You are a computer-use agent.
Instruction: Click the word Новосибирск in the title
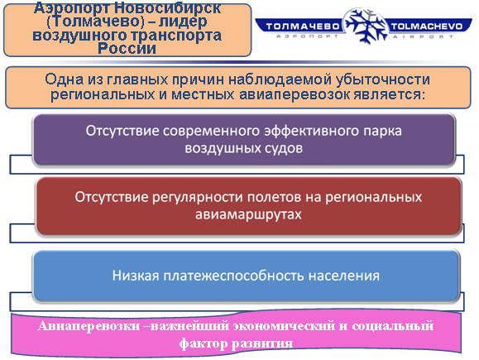[168, 7]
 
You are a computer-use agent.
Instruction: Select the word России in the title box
[127, 48]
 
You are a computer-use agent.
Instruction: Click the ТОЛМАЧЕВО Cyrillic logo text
[303, 26]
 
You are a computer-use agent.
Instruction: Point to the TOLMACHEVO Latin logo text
[426, 26]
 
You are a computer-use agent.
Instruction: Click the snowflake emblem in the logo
[366, 26]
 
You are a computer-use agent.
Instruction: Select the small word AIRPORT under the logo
[423, 36]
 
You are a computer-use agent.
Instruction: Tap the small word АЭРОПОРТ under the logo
[307, 36]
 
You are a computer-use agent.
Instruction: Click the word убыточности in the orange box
[382, 79]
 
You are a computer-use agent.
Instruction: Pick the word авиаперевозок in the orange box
[295, 94]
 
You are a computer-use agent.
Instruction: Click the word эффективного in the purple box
[312, 131]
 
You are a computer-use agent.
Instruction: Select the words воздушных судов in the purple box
[244, 148]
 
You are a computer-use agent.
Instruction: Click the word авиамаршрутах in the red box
[248, 214]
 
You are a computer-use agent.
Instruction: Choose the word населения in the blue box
[343, 276]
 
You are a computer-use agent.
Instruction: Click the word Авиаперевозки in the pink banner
[89, 326]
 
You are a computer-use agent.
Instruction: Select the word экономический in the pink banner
[284, 326]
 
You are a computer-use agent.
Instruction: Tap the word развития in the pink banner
[262, 343]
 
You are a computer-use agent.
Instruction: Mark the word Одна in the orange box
[65, 79]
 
